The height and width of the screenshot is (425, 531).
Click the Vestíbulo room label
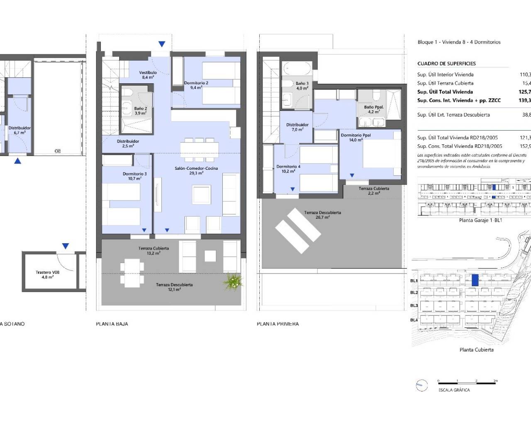tap(148, 75)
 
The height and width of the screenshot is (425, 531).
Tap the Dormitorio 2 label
tap(196, 85)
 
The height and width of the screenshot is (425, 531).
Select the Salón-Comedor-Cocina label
tap(196, 170)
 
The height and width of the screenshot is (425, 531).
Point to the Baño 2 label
tap(140, 110)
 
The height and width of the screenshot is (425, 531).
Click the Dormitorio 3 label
tap(134, 176)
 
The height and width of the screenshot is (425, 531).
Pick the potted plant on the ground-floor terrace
tap(233, 282)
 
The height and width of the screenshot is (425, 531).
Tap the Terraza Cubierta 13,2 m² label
tap(153, 250)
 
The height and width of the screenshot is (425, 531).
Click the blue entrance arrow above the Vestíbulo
tap(162, 44)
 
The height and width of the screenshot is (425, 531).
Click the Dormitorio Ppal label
tap(356, 137)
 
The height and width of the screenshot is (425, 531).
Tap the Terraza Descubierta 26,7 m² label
tap(322, 215)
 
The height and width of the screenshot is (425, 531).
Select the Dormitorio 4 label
tap(288, 169)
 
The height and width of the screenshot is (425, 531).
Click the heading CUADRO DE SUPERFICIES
tap(446, 64)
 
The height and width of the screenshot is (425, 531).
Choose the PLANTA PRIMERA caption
tap(278, 324)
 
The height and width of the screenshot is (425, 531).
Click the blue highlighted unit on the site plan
tap(475, 280)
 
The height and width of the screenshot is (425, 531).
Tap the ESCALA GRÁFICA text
tap(454, 390)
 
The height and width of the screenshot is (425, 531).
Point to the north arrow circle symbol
tap(421, 386)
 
